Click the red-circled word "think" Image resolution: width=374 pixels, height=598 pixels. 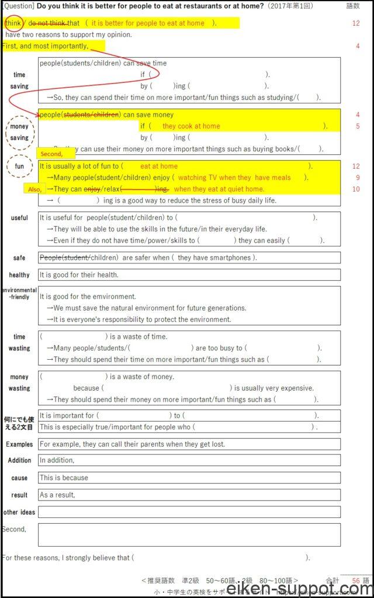pos(13,23)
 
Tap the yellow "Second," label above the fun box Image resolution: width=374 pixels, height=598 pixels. pos(51,154)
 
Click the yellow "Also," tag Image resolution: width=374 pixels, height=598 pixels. pos(35,189)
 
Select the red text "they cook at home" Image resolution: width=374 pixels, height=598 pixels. pos(191,126)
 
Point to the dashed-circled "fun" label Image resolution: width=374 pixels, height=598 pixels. pos(20,166)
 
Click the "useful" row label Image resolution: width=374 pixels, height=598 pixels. pos(19,218)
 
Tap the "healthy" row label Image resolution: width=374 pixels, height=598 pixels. pos(19,275)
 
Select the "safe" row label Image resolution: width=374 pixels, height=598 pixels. pos(19,258)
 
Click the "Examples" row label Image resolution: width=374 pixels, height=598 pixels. pos(19,444)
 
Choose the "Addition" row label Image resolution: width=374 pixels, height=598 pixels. pos(19,461)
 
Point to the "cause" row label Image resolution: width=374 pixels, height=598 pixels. pos(19,478)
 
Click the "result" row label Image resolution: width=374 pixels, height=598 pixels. pos(19,495)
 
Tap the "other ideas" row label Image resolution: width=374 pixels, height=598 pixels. pos(19,512)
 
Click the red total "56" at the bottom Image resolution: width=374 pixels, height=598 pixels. pos(356,580)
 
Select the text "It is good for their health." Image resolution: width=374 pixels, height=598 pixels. pos(79,275)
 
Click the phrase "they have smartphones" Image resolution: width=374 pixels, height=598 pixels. pos(214,258)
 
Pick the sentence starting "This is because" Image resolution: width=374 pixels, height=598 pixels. pos(64,478)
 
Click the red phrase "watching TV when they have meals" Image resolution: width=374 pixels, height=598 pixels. pos(234,178)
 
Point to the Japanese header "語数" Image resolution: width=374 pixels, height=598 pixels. pos(353,6)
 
